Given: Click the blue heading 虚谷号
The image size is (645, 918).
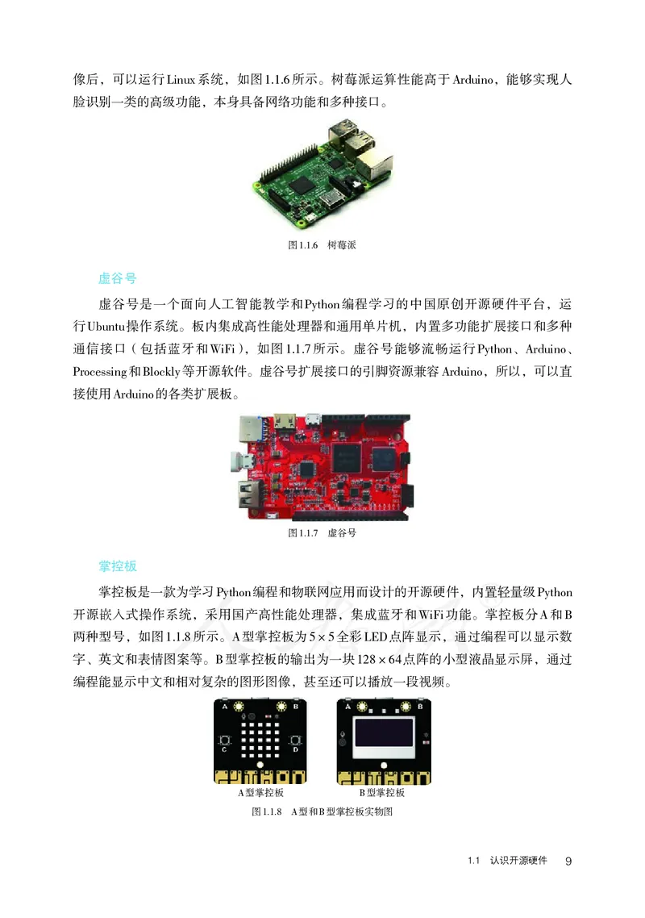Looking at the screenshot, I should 117,278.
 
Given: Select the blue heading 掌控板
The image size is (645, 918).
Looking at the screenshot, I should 117,566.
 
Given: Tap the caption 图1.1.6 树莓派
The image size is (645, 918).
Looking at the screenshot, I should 322,245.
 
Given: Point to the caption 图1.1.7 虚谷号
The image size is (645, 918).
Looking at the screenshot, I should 322,533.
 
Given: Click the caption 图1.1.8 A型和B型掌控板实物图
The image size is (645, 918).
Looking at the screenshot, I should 322,811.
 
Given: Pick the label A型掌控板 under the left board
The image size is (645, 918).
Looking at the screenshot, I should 260,793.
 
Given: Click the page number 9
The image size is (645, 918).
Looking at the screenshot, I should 568,862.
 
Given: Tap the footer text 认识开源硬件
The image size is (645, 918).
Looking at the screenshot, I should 518,862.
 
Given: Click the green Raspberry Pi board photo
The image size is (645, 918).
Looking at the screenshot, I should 322,174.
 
